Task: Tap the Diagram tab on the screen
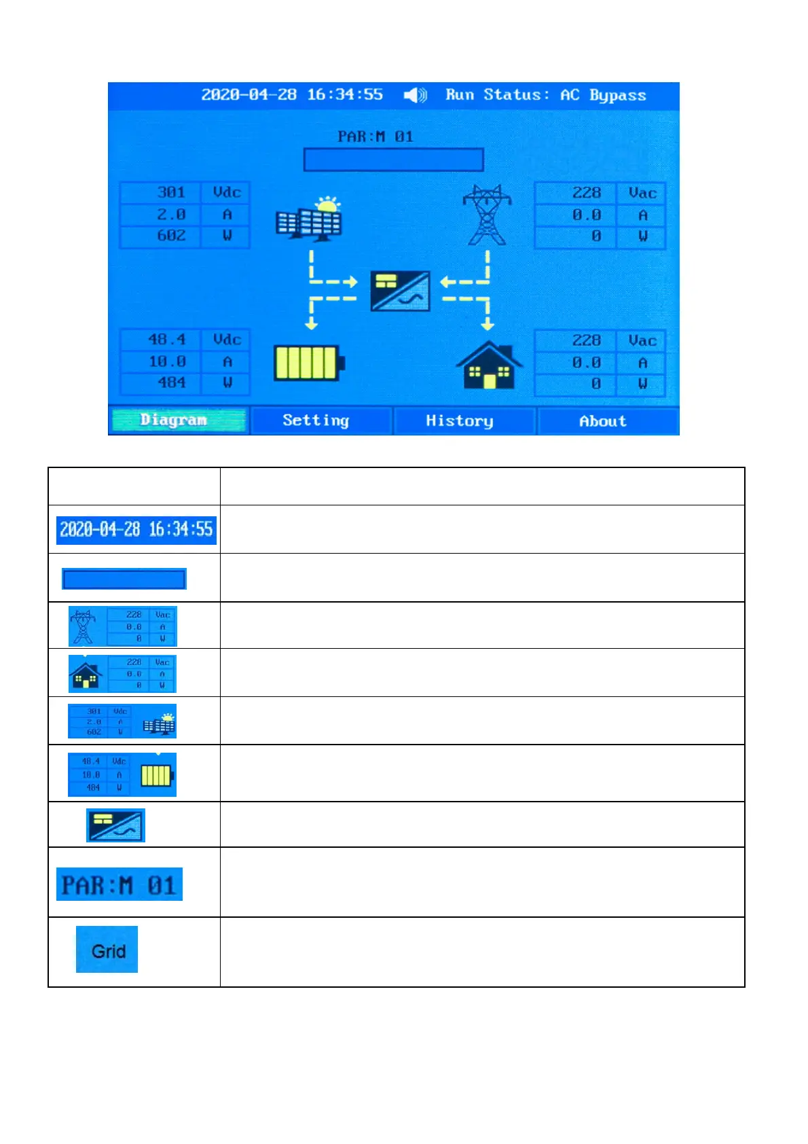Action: click(173, 421)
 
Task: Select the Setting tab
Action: click(316, 421)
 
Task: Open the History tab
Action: click(460, 421)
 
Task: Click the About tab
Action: click(603, 421)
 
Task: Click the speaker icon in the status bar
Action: click(415, 95)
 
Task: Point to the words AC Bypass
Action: click(603, 95)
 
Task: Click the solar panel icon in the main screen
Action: click(310, 219)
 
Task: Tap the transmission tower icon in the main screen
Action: click(487, 215)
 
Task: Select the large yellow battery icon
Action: click(308, 363)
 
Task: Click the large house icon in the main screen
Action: click(489, 365)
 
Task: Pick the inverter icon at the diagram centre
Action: click(401, 291)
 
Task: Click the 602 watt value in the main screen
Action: click(171, 236)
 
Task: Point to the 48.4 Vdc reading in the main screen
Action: click(167, 339)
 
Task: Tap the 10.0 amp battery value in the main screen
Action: click(167, 361)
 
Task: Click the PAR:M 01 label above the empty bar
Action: click(375, 137)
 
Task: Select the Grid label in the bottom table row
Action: click(108, 951)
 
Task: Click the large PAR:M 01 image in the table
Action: click(120, 884)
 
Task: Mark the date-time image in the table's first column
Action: click(136, 530)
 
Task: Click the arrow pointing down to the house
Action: click(488, 323)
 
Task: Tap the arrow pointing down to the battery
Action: click(312, 323)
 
